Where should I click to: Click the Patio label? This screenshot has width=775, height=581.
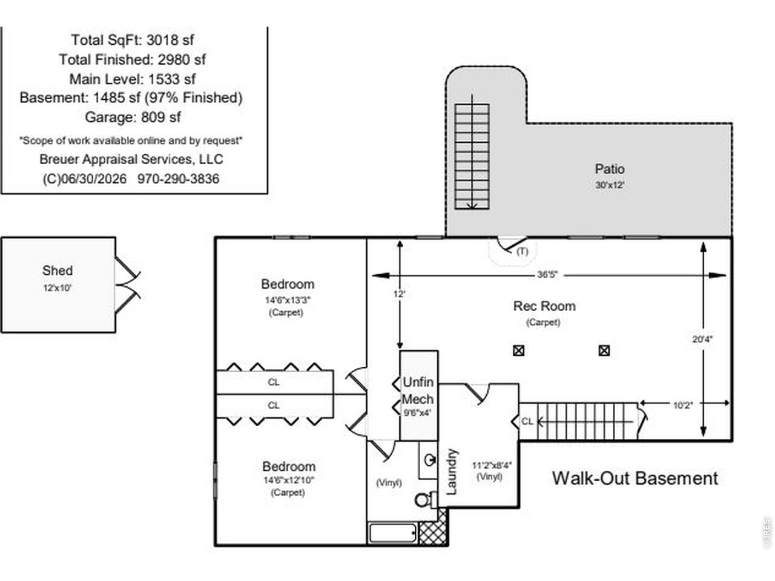coord(610,169)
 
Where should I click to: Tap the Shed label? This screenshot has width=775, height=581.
coord(58,271)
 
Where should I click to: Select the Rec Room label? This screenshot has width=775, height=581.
coord(544,306)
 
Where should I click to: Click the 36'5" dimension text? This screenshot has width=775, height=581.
coord(547,274)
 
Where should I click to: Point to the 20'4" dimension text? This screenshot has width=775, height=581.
coord(702,339)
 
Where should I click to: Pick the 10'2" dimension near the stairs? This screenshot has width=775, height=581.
coord(683,405)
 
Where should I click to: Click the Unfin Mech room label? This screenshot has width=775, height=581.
coord(418,390)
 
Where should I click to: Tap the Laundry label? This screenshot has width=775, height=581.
coord(452,471)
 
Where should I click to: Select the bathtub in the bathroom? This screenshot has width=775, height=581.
coord(392,533)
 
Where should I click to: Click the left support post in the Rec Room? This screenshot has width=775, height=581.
coord(518,350)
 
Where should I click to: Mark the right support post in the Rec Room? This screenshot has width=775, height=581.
coord(604,350)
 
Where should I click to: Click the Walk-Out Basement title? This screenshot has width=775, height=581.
coord(635,478)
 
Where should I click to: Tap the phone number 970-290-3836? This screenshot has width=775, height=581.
coord(178,179)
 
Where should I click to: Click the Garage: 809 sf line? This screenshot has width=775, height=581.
coord(133,117)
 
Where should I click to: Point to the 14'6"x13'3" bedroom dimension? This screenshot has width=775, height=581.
coord(288,300)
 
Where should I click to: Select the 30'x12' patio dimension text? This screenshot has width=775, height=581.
coord(610,185)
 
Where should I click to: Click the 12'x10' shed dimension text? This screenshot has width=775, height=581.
coord(57,288)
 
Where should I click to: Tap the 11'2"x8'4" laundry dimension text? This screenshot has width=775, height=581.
coord(492,465)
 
